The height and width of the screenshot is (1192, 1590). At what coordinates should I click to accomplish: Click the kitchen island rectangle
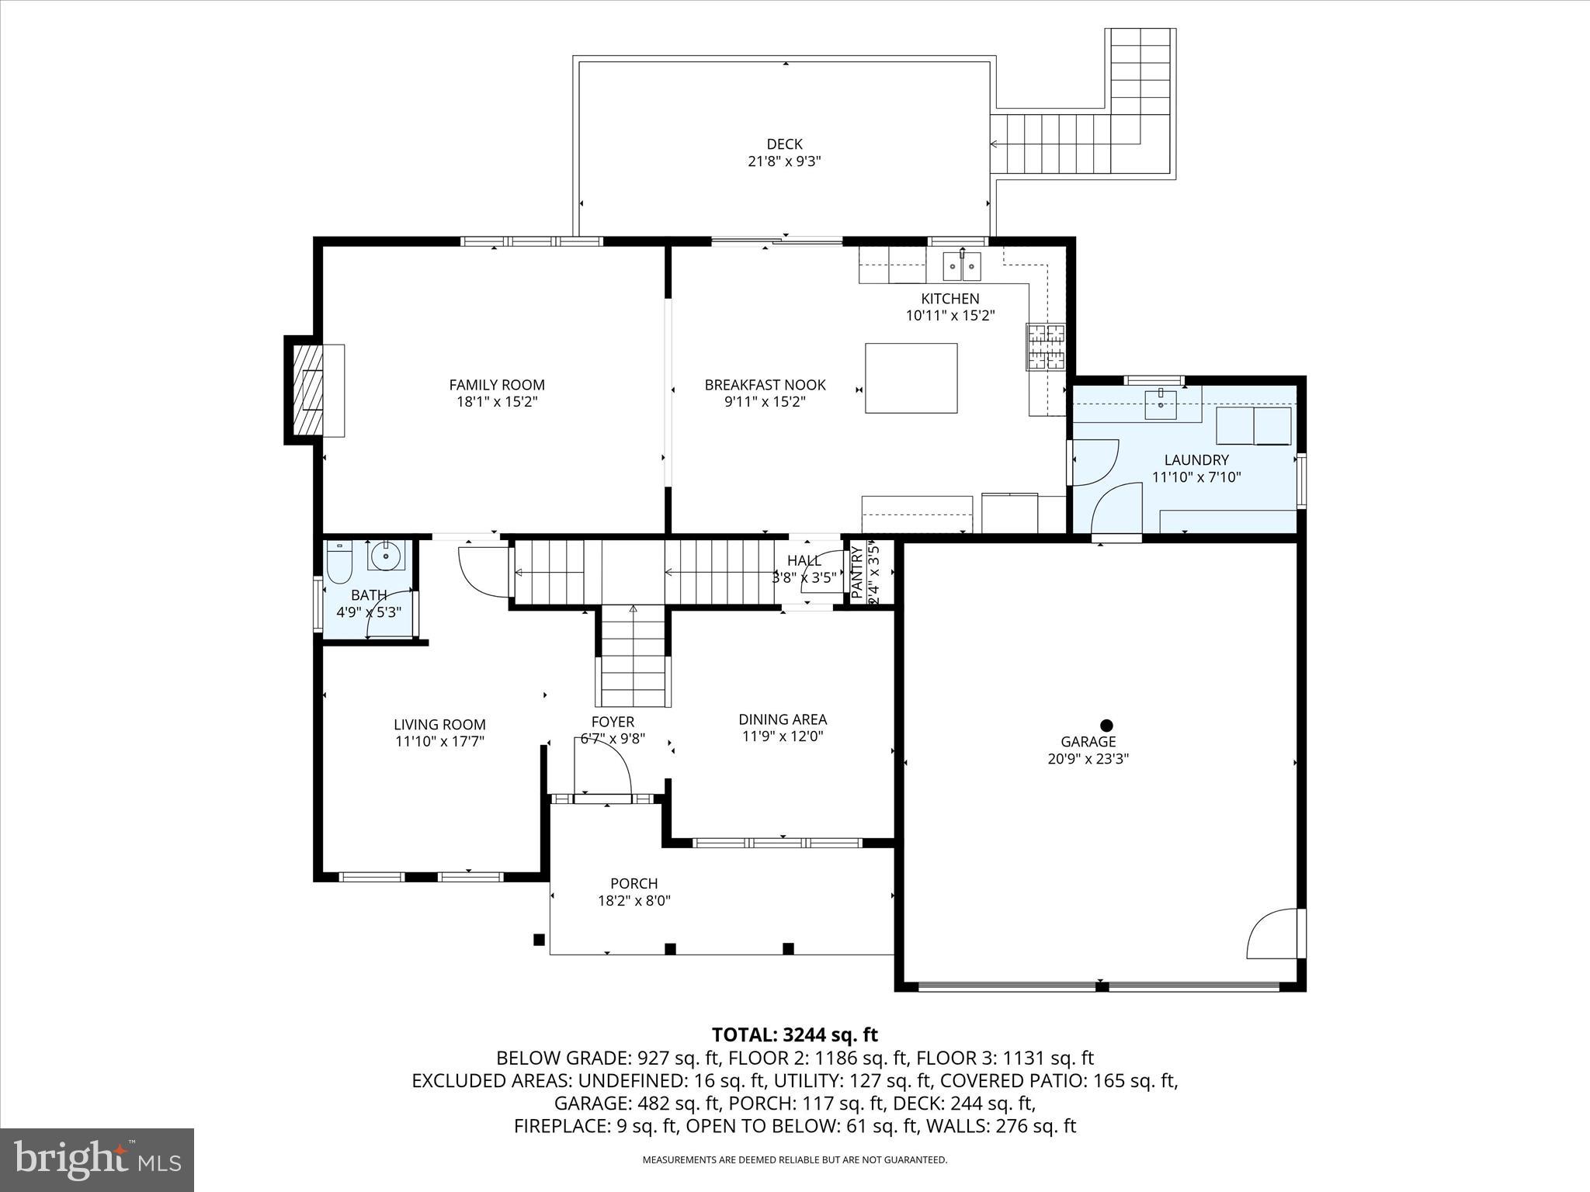tap(911, 378)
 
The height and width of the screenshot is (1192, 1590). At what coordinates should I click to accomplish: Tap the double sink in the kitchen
tap(962, 266)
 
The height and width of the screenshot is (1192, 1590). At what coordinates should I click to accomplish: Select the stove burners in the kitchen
tap(1046, 346)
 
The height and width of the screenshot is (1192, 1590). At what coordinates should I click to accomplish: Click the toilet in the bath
tap(339, 563)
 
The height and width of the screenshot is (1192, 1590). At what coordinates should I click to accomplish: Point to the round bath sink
tap(385, 556)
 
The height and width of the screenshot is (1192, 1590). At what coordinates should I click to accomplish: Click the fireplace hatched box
tap(308, 390)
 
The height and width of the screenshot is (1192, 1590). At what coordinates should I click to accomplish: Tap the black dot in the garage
tap(1106, 725)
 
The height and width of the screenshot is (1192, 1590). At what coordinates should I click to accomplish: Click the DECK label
tap(784, 144)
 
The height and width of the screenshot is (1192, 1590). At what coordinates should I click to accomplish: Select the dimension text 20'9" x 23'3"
tap(1088, 759)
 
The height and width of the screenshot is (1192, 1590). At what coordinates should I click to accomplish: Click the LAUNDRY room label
tap(1196, 460)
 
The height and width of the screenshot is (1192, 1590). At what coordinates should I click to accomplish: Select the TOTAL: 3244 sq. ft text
tap(794, 1034)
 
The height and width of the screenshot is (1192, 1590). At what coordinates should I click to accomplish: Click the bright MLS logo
tap(97, 1159)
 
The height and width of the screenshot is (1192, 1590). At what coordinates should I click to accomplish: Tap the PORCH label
tap(634, 883)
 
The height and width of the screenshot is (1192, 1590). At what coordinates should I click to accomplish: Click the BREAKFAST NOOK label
tap(765, 385)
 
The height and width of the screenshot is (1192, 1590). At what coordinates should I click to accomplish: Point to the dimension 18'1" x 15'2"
tap(497, 402)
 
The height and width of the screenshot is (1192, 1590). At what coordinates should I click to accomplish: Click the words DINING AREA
tap(782, 719)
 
